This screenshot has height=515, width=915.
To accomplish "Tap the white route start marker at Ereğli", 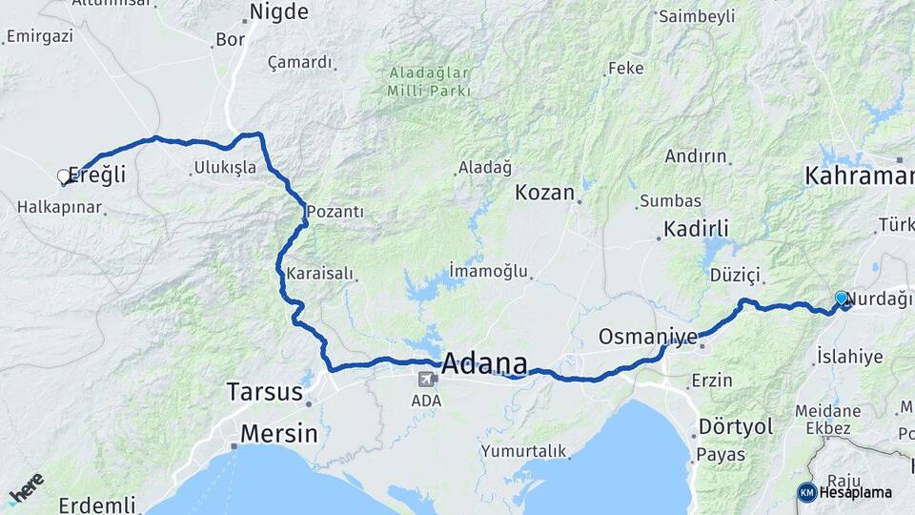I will click(x=64, y=176).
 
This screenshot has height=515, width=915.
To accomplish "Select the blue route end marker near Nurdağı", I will click(x=841, y=299).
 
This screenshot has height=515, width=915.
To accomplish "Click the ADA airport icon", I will click(x=426, y=380).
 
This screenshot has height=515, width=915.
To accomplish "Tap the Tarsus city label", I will click(x=264, y=391).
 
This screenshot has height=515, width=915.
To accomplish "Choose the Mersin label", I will click(x=278, y=433).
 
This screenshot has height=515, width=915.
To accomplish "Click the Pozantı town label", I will click(x=335, y=212).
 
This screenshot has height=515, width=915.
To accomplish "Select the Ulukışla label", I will click(x=225, y=167).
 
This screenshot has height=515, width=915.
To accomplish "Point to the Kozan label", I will click(x=545, y=193).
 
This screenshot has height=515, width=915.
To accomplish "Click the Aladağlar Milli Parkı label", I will click(x=429, y=82).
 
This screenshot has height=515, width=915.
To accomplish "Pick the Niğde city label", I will click(x=278, y=12).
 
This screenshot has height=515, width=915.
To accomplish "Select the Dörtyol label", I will click(x=735, y=426).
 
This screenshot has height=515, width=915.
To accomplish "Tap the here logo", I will click(x=26, y=487).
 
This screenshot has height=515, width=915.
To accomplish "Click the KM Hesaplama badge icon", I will click(x=807, y=492).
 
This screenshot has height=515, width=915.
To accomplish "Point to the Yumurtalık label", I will click(x=523, y=451).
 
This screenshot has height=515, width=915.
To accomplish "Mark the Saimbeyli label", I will click(x=697, y=16).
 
